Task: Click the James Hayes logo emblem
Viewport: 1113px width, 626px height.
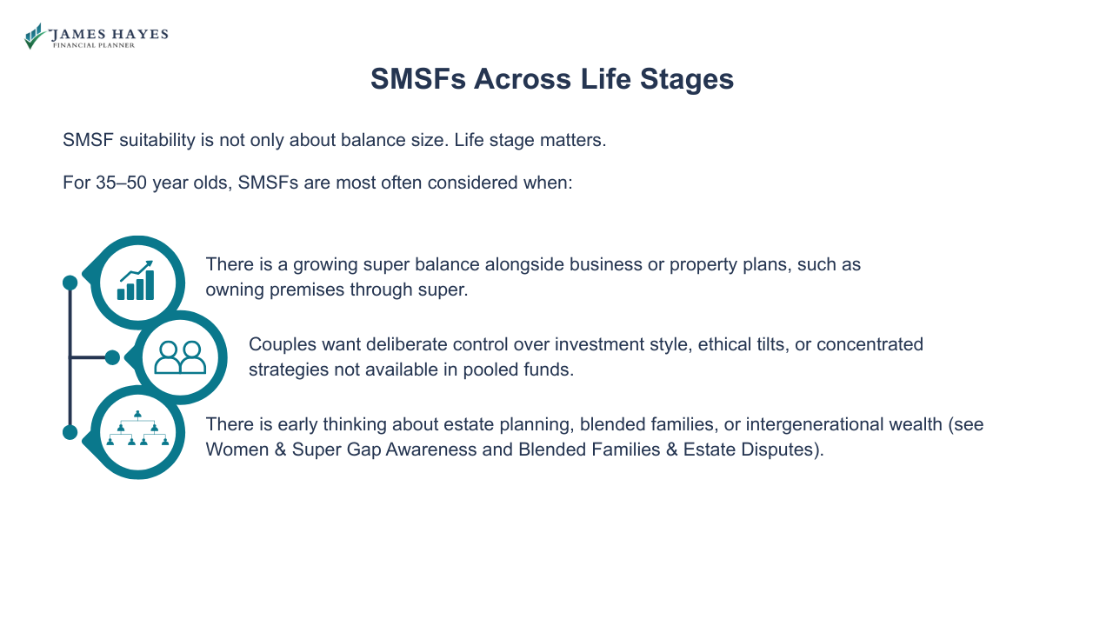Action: coord(34,36)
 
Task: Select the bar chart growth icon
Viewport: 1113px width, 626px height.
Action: coord(137,281)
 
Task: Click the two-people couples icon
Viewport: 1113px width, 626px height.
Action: coord(180,357)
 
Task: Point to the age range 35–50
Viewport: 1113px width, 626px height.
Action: coord(122,183)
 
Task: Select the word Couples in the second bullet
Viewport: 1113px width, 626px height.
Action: coord(279,344)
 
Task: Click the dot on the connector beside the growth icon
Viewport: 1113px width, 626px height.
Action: coord(70,283)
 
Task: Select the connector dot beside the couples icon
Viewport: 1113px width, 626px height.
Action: coord(112,357)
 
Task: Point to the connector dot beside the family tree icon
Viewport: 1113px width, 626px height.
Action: coord(70,432)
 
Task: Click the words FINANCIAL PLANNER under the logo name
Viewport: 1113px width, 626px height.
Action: coord(94,45)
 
